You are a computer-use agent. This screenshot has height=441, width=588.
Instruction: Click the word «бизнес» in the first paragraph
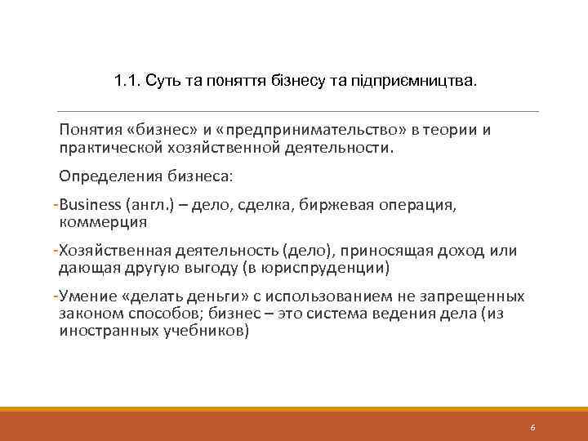point(153,131)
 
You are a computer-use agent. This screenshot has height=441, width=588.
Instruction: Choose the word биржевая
point(341,204)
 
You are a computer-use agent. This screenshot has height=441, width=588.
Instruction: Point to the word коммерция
point(104,221)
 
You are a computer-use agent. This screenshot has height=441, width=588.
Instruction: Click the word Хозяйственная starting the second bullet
point(119,251)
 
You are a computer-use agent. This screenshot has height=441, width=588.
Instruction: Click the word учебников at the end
point(206,332)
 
